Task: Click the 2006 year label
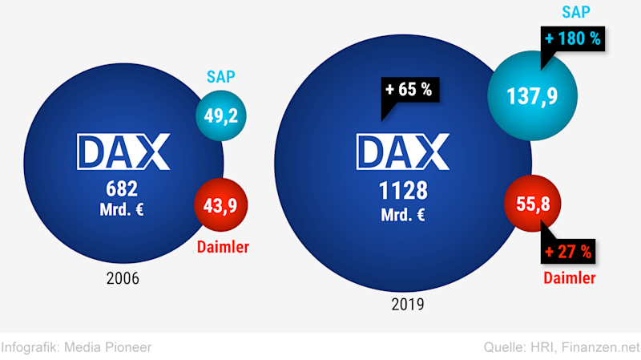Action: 122,279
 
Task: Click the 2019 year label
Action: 407,304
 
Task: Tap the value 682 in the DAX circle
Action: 122,189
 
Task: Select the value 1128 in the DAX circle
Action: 403,191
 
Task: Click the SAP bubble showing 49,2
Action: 220,115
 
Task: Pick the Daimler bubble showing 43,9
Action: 220,204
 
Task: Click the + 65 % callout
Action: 408,90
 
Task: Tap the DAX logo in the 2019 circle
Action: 403,152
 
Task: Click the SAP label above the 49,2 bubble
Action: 220,79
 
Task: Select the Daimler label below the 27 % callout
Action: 569,278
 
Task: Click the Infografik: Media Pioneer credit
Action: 76,347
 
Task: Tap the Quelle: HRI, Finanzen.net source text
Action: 562,347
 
